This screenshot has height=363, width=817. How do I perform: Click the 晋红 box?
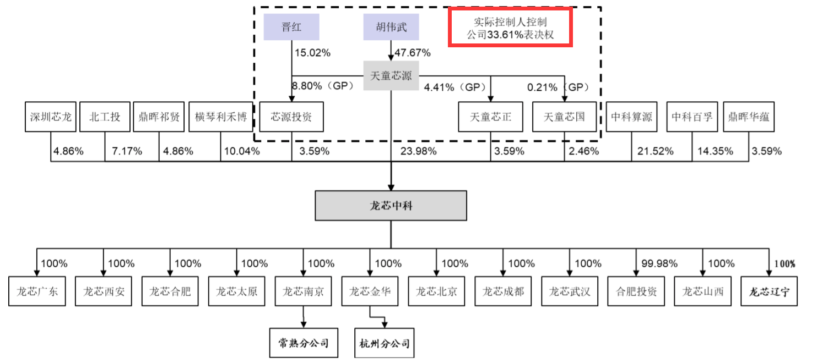click(x=291, y=27)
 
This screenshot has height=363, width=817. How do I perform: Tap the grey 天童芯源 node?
click(x=391, y=76)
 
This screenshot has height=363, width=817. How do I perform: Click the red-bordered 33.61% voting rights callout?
click(x=510, y=28)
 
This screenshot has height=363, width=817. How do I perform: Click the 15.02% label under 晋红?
click(x=312, y=53)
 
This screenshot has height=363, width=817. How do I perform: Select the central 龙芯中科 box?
click(x=391, y=206)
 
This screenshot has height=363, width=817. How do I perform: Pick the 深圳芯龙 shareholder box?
click(x=51, y=117)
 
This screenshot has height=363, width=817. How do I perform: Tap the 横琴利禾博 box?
click(x=221, y=117)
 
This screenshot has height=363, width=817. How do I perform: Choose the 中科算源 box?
click(x=631, y=117)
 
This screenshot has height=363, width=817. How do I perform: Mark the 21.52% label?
click(x=654, y=151)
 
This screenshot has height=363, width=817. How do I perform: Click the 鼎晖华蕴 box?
click(x=749, y=117)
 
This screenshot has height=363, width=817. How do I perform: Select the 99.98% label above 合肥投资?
click(x=659, y=263)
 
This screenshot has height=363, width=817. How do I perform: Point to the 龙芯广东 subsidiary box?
click(x=37, y=291)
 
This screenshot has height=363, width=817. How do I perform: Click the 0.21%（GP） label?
click(x=558, y=87)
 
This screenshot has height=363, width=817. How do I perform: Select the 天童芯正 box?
click(x=490, y=117)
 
